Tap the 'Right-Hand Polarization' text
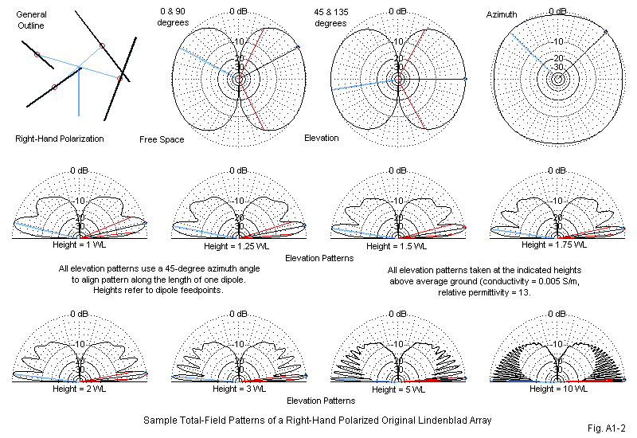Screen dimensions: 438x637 click(60, 139)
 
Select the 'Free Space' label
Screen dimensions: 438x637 click(162, 139)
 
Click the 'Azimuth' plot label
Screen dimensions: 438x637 click(502, 15)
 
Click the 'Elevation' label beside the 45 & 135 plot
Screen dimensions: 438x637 click(322, 138)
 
